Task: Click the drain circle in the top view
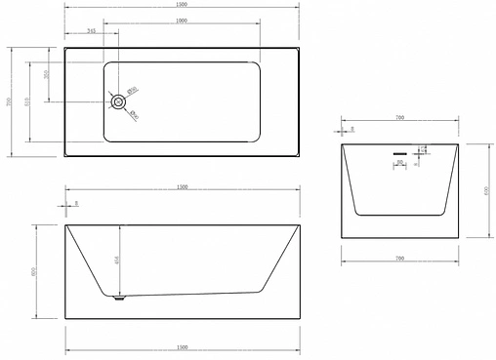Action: pos(118,100)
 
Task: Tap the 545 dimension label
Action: pos(92,30)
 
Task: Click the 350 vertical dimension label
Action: pos(47,75)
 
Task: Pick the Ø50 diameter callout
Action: pos(134,90)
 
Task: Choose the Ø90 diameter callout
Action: pos(134,115)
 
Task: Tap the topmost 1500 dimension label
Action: pos(184,5)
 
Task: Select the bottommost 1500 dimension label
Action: pos(184,347)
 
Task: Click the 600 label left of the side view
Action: pos(35,272)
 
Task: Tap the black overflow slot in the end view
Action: pos(399,152)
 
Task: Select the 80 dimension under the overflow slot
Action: pos(399,162)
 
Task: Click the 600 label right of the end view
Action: pos(485,190)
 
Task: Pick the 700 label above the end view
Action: pos(399,118)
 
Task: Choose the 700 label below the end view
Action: pos(399,258)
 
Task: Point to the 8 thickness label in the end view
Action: pos(351,128)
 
